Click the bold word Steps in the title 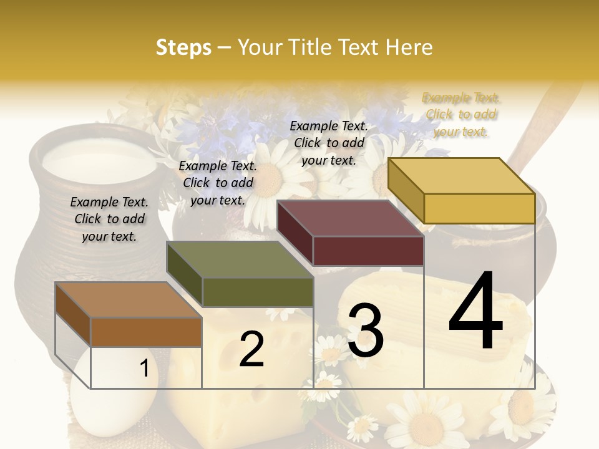[183, 47]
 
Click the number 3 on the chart [365, 330]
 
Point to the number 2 [251, 349]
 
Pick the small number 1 [144, 369]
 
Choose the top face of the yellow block [462, 176]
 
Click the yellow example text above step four [462, 114]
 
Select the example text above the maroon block [329, 143]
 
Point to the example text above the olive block [218, 183]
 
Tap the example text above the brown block [109, 219]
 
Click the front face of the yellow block [479, 208]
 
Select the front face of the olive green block [258, 292]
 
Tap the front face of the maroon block [368, 251]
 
